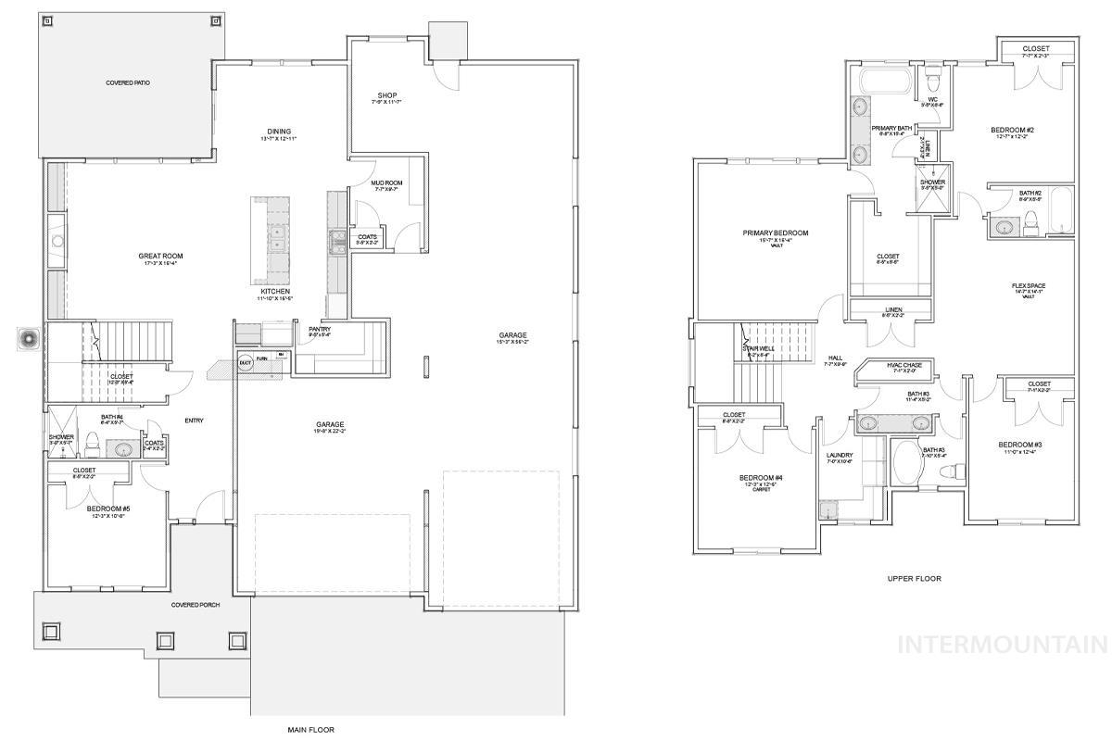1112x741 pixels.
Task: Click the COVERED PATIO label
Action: pos(128,83)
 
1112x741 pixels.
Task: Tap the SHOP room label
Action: pos(387,95)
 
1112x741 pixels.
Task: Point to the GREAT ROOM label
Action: pos(160,257)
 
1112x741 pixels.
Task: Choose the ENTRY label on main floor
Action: pos(194,421)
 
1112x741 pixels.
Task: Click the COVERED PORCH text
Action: pos(194,605)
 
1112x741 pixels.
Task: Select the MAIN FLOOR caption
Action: pos(310,730)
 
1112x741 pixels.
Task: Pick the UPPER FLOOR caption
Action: pos(914,578)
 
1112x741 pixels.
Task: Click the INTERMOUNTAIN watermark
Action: pos(1003,645)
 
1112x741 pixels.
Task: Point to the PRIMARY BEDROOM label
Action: pos(775,233)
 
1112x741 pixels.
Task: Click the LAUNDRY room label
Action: pos(839,455)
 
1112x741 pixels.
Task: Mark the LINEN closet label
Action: pos(892,310)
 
